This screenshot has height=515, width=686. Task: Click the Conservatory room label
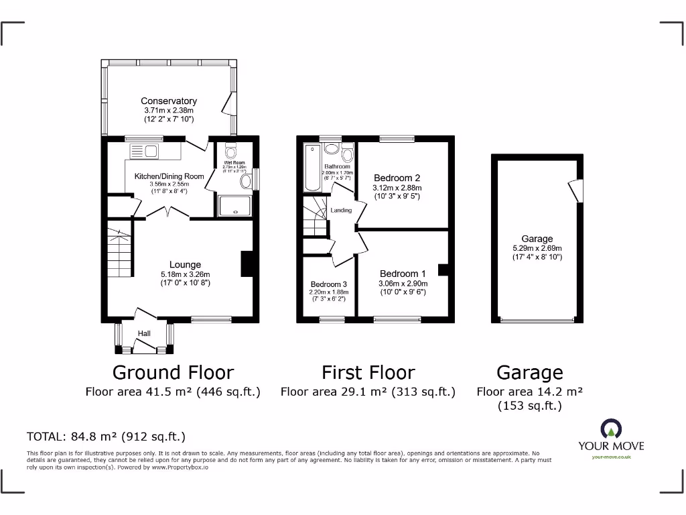(x=168, y=101)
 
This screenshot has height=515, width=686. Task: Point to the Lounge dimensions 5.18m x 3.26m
(x=185, y=274)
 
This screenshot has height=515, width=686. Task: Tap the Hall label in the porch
(x=144, y=333)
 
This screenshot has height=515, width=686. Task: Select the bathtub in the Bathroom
(x=311, y=168)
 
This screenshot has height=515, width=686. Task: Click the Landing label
(x=340, y=211)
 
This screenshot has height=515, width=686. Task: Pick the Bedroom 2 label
(x=397, y=178)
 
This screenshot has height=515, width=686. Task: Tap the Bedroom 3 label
(x=328, y=284)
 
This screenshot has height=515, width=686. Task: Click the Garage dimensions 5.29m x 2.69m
(x=537, y=247)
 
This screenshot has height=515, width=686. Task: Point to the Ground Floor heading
(x=173, y=373)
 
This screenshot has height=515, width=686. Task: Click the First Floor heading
(x=368, y=373)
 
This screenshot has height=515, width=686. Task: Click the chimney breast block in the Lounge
(x=247, y=264)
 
